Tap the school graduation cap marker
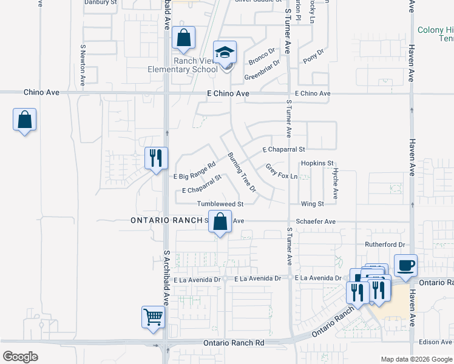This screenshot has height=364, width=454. coord(225,53)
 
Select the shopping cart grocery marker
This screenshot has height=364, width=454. coord(153,317)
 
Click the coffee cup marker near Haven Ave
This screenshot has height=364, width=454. coord(405,265)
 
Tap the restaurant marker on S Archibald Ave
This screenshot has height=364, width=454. coord(156,159)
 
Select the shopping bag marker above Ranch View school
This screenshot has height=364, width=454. coord(183,38)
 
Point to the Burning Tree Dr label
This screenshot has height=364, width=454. coord(242,172)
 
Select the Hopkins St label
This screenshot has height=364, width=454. coord(317,163)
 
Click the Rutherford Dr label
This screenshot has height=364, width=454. coord(385,244)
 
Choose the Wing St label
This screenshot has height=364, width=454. coord(313,204)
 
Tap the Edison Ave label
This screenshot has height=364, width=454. coord(435,342)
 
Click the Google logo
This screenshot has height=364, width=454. coord(20,357)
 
